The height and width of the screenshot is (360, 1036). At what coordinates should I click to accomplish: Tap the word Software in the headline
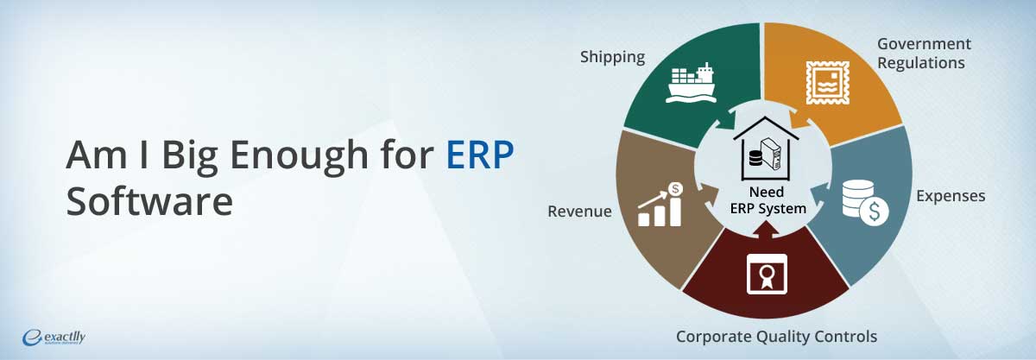(149, 201)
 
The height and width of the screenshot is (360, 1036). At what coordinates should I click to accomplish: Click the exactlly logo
(54, 338)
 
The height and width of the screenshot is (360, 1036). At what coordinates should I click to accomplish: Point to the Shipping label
(612, 57)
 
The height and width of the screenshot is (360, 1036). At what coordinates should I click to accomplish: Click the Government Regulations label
(924, 54)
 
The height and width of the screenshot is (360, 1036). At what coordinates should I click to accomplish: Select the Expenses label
(951, 196)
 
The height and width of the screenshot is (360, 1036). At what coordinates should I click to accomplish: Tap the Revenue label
(579, 211)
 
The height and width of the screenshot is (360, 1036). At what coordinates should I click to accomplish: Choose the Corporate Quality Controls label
(776, 337)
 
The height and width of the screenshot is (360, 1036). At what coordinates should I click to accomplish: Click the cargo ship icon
(691, 82)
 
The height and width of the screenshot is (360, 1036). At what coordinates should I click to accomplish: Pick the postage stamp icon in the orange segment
(827, 82)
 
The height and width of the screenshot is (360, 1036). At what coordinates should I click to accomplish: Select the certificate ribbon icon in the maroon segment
(767, 274)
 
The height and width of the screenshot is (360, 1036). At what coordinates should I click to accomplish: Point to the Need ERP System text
(768, 200)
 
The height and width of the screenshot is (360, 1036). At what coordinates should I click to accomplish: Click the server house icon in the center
(766, 148)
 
